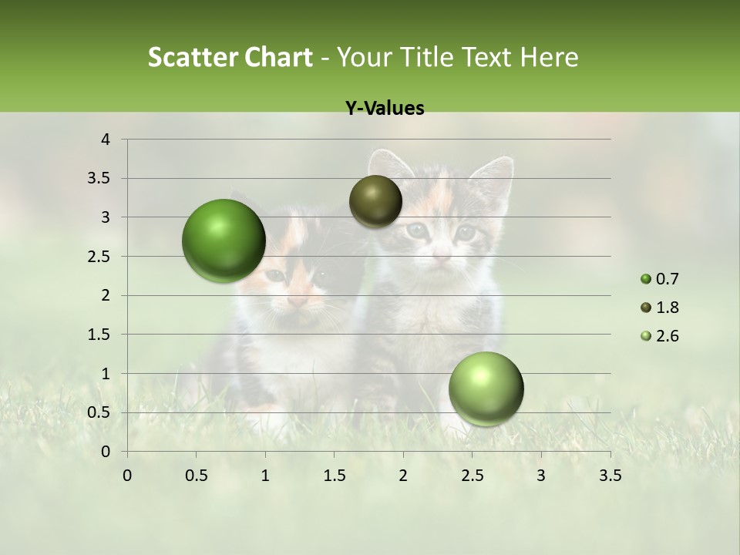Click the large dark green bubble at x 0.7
click(224, 240)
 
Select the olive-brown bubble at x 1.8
click(375, 201)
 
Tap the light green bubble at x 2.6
click(486, 388)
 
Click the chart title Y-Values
click(385, 108)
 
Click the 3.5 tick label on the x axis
click(610, 476)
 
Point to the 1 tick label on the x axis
click(265, 476)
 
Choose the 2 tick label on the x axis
click(403, 476)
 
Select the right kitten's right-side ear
click(493, 177)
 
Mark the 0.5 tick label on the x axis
click(197, 476)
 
